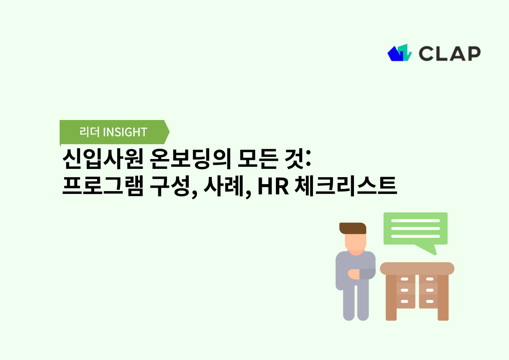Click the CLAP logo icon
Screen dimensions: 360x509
[x=399, y=53]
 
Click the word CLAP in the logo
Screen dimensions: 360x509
[x=449, y=53]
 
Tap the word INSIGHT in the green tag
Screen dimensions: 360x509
[x=125, y=132]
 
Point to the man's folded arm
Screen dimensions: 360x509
[x=362, y=274]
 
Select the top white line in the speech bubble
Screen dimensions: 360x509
[x=415, y=220]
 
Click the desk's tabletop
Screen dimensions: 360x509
[x=417, y=268]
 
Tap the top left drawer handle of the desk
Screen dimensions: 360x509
[x=405, y=279]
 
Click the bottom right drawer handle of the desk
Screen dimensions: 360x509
[x=430, y=302]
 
